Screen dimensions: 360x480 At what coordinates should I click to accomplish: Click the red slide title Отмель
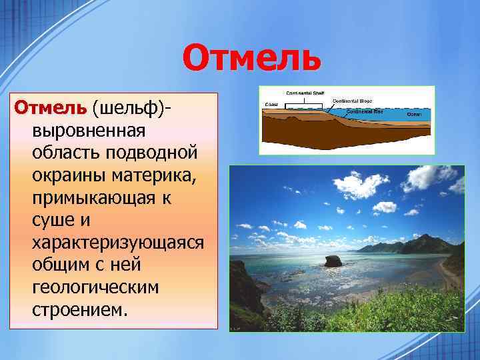point(251,57)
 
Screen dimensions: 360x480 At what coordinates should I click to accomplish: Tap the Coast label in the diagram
point(271,105)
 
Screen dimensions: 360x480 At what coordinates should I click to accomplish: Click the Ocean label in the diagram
point(415,115)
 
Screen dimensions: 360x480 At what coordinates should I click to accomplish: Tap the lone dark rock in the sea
point(333,260)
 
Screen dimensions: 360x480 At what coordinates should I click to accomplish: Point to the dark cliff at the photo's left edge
point(241,293)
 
